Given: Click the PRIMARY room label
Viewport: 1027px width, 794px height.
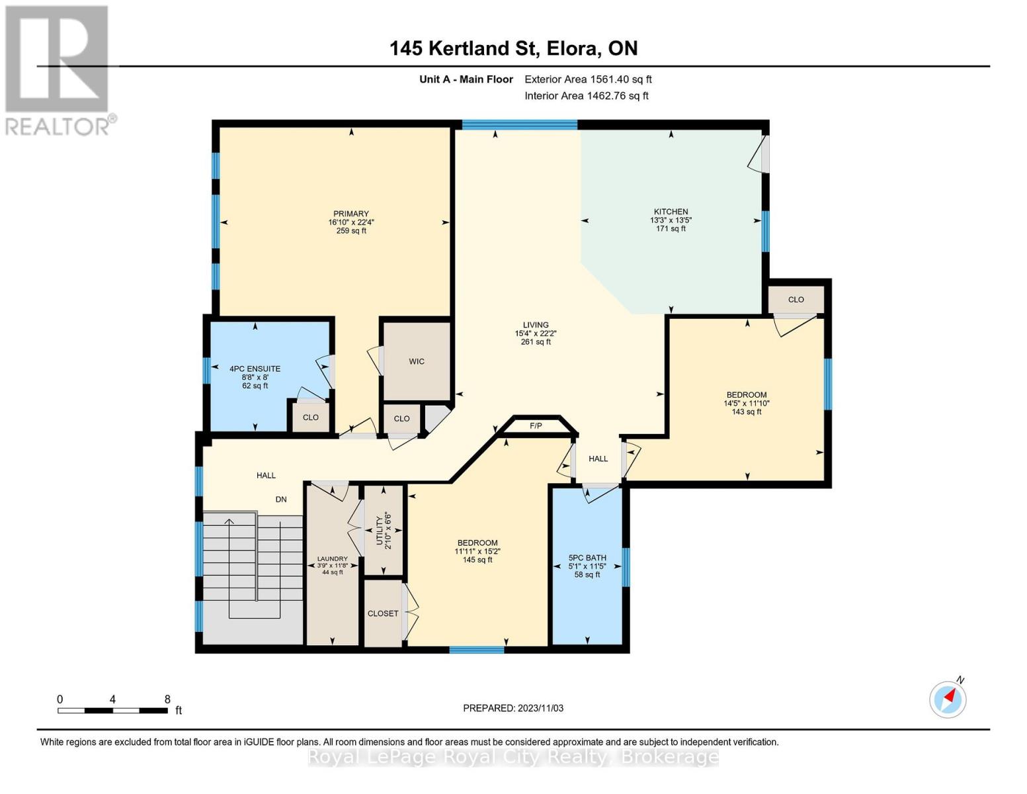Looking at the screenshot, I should (350, 214).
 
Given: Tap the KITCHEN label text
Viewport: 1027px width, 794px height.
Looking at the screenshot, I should (671, 212).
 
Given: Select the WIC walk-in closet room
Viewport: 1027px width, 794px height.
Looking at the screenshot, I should (417, 361).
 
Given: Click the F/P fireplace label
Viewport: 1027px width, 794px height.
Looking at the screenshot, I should (536, 425).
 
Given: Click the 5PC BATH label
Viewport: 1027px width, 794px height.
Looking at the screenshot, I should (587, 558).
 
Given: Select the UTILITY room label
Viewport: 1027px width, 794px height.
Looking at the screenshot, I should (380, 530).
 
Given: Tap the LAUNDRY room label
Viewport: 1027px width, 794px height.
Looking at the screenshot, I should (331, 559).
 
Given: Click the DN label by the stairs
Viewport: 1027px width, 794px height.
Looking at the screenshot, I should (281, 500).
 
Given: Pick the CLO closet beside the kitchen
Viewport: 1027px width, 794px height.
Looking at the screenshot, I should (796, 300).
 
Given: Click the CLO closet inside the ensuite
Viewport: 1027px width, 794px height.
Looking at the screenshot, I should (310, 418).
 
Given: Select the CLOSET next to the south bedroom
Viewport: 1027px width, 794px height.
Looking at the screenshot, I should (383, 613).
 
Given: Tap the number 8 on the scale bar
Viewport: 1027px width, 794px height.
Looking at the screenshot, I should (167, 699).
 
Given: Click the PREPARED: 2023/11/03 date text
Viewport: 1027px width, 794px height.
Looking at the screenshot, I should (513, 708).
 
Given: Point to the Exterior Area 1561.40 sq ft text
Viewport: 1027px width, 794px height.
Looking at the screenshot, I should (588, 79).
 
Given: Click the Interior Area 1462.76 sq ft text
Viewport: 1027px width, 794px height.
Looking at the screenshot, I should (586, 96).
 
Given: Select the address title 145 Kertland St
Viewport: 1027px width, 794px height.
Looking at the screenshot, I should (513, 48).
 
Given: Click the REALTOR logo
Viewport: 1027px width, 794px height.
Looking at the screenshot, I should (58, 69).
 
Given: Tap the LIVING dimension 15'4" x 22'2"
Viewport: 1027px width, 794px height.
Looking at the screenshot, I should (536, 333).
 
